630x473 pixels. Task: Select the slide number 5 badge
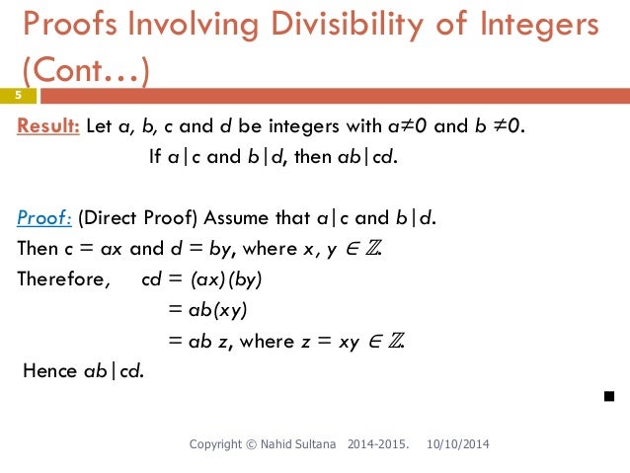pyautogui.click(x=18, y=96)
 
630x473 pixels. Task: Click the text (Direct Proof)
pyautogui.click(x=130, y=218)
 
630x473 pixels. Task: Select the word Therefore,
pyautogui.click(x=63, y=279)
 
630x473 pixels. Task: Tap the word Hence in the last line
pyautogui.click(x=48, y=371)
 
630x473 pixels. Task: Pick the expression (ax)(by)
pyautogui.click(x=228, y=279)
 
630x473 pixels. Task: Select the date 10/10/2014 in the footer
pyautogui.click(x=456, y=446)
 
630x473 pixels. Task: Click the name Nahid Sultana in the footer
pyautogui.click(x=301, y=446)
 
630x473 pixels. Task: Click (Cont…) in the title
pyautogui.click(x=82, y=71)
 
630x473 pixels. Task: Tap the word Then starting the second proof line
pyautogui.click(x=38, y=249)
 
